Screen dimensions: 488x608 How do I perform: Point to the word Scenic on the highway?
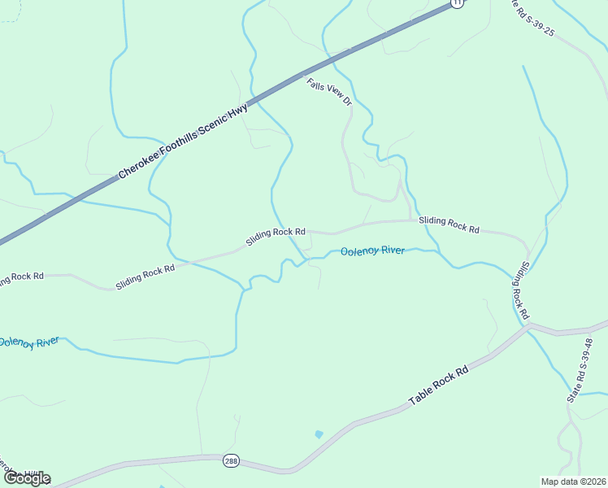click(x=211, y=122)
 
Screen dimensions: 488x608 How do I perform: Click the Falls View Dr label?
click(x=328, y=92)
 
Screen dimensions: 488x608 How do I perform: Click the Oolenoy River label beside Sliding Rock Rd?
click(x=372, y=251)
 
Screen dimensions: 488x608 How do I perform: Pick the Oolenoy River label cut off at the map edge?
click(x=28, y=342)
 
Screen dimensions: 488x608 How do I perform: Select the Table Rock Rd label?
click(x=439, y=386)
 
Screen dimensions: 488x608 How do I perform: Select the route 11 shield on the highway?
click(x=457, y=3)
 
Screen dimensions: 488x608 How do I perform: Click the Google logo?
click(x=26, y=478)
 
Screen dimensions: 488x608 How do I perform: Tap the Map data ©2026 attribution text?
click(x=574, y=481)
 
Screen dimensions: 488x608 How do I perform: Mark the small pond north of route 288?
click(x=319, y=435)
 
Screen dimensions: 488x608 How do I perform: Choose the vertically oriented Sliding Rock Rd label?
click(x=520, y=290)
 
